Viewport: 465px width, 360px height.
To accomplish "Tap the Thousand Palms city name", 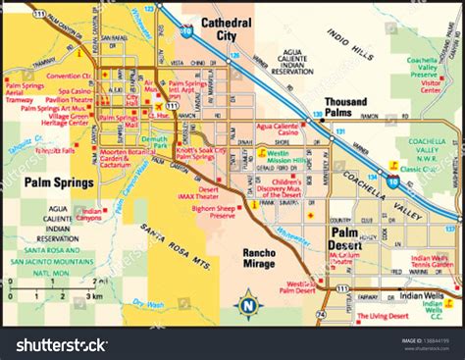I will (344, 107).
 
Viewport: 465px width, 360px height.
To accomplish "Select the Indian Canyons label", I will (92, 214).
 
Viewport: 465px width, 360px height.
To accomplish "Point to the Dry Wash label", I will (146, 303).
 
